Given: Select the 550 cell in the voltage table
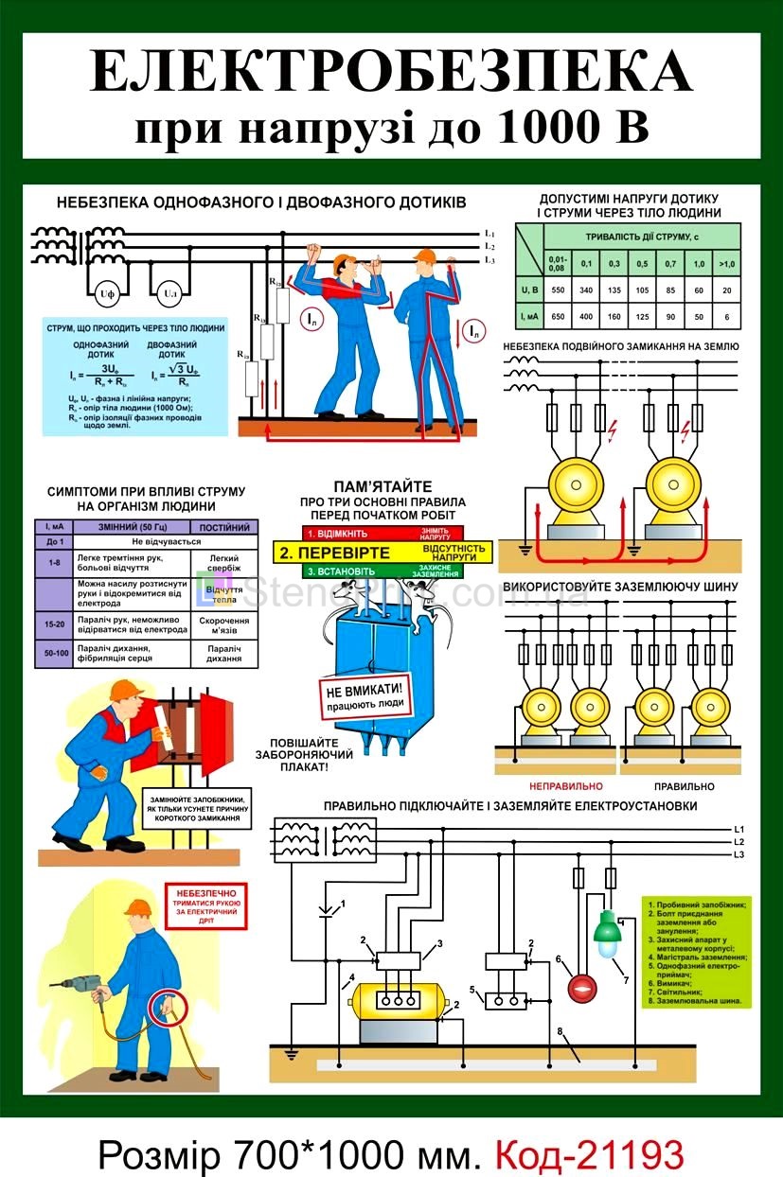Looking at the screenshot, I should click(x=559, y=290).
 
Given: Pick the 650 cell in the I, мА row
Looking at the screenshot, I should click(x=559, y=316).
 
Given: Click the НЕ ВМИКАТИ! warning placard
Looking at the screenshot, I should click(x=365, y=695).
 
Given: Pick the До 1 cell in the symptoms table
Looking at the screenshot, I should click(x=53, y=542).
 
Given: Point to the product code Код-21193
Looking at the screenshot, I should click(x=589, y=1154).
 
